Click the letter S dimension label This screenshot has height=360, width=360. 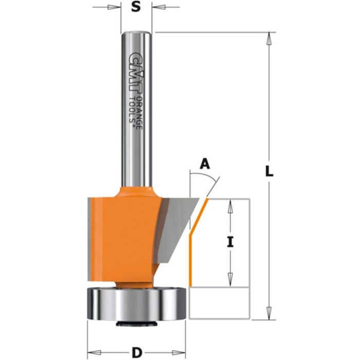click(136, 7)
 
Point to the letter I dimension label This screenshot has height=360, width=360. click(231, 242)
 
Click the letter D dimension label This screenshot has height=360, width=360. click(136, 352)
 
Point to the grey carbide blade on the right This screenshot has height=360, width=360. click(177, 226)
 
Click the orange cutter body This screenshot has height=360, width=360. click(123, 231)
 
